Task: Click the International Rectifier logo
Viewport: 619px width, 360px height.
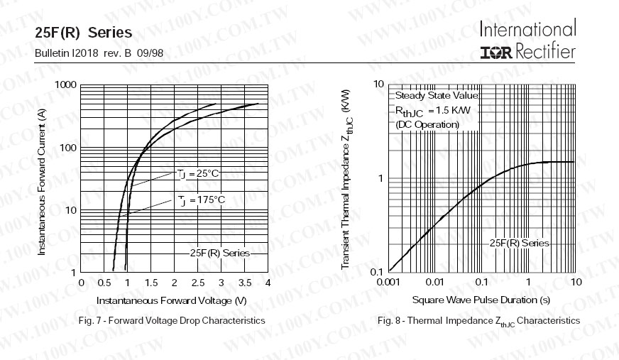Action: point(527,40)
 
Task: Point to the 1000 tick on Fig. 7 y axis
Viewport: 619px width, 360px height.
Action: point(65,85)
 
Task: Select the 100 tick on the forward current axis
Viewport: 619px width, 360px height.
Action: point(67,148)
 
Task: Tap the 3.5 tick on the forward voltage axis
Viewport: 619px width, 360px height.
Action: point(244,283)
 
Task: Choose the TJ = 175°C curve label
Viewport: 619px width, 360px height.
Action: point(202,200)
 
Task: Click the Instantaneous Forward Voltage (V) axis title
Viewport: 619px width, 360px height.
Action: point(171,300)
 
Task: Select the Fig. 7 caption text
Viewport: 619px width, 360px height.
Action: point(170,321)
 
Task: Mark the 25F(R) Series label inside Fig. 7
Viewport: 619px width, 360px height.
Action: point(220,253)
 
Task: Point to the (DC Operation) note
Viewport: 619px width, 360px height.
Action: point(427,124)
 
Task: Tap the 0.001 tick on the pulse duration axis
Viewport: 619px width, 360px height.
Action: point(389,282)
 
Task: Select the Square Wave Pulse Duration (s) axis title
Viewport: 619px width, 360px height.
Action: point(481,300)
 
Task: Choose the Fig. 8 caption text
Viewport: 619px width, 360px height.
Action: point(478,321)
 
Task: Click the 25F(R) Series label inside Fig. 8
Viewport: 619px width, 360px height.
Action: point(519,243)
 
